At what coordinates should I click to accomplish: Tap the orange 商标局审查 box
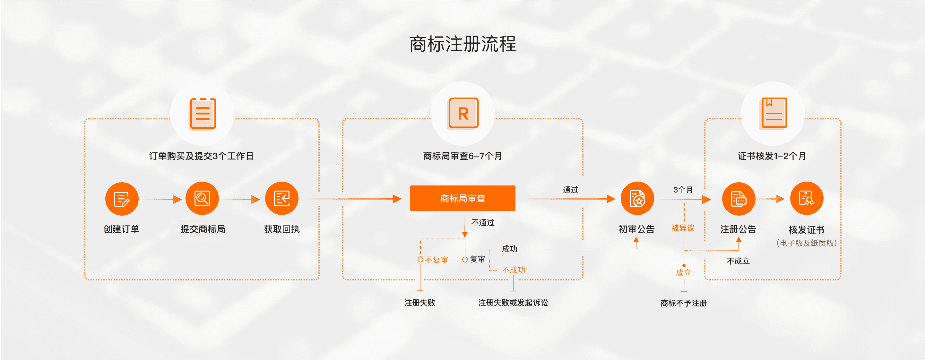pyautogui.click(x=462, y=198)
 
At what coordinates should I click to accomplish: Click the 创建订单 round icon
pyautogui.click(x=122, y=199)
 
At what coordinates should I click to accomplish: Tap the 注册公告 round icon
pyautogui.click(x=738, y=199)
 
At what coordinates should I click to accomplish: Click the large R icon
pyautogui.click(x=463, y=113)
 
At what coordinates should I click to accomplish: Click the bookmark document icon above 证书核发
pyautogui.click(x=773, y=113)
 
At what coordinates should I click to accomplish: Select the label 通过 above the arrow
pyautogui.click(x=570, y=190)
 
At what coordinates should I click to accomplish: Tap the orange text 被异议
pyautogui.click(x=683, y=228)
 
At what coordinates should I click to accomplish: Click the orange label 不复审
pyautogui.click(x=436, y=260)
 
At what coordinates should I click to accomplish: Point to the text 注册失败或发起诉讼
pyautogui.click(x=513, y=303)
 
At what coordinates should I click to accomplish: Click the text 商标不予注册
pyautogui.click(x=683, y=303)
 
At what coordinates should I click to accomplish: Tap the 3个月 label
pyautogui.click(x=683, y=190)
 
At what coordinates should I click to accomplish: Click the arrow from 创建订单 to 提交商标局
pyautogui.click(x=163, y=199)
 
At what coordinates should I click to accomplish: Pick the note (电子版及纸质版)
pyautogui.click(x=807, y=243)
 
